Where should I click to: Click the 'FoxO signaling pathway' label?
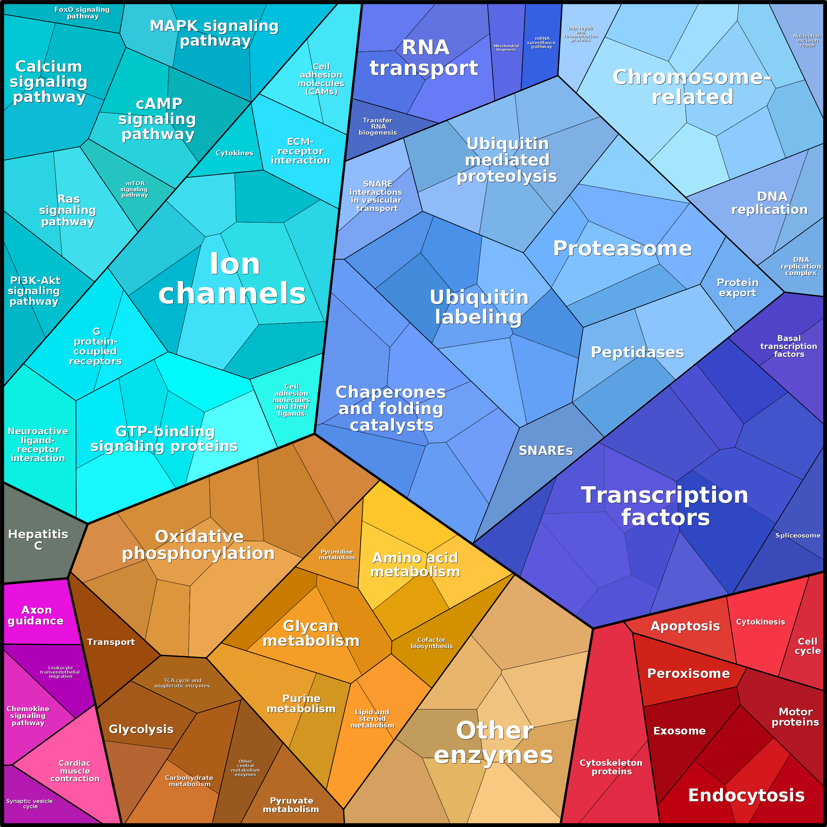pyautogui.click(x=82, y=13)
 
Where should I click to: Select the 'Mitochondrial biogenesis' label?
pyautogui.click(x=506, y=47)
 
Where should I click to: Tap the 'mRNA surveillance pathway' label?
pyautogui.click(x=542, y=42)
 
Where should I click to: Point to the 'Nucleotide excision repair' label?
pyautogui.click(x=807, y=41)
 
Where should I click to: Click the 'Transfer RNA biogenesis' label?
pyautogui.click(x=378, y=126)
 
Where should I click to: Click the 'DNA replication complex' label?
pyautogui.click(x=800, y=266)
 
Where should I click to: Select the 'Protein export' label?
pyautogui.click(x=737, y=288)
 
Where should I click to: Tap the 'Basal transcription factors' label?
pyautogui.click(x=788, y=346)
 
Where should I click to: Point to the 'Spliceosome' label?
pyautogui.click(x=798, y=536)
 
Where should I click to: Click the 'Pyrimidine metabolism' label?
pyautogui.click(x=337, y=555)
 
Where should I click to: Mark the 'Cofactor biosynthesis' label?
pyautogui.click(x=432, y=643)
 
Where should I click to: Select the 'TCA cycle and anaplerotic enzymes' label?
pyautogui.click(x=182, y=683)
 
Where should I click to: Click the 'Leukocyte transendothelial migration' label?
pyautogui.click(x=60, y=672)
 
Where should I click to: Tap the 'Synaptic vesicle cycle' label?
pyautogui.click(x=30, y=803)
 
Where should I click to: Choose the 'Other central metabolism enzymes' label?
pyautogui.click(x=245, y=768)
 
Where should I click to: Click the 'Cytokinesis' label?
pyautogui.click(x=760, y=622)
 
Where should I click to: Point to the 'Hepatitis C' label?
pyautogui.click(x=38, y=539)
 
